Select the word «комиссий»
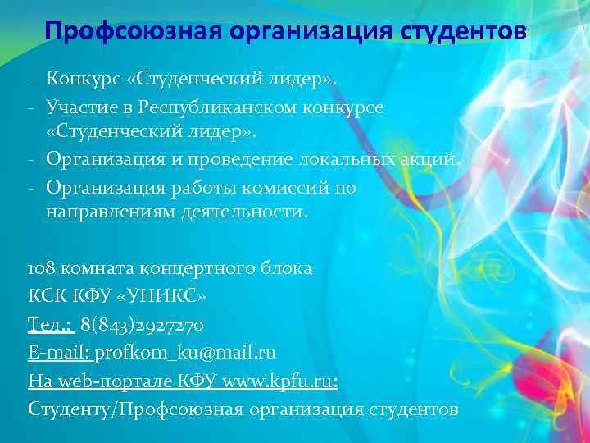(x=280, y=188)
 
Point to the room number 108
(x=41, y=268)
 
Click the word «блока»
(x=282, y=268)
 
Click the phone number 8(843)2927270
(x=142, y=325)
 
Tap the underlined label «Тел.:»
(x=51, y=325)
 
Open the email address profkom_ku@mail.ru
(x=186, y=353)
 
